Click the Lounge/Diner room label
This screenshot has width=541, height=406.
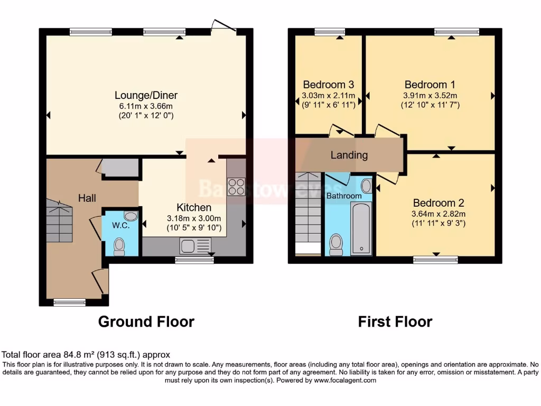click(x=146, y=96)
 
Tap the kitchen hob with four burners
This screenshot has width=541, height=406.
click(x=236, y=187)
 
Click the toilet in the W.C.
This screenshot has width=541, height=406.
click(x=119, y=246)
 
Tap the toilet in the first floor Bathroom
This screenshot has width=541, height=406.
click(x=336, y=244)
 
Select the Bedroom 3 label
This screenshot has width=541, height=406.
click(x=328, y=85)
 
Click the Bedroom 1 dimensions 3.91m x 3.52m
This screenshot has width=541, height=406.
click(x=430, y=95)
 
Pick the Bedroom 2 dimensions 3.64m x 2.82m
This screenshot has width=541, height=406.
click(x=439, y=214)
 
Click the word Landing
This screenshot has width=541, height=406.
click(x=349, y=155)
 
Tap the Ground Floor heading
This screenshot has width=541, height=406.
click(x=146, y=321)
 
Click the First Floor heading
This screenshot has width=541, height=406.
click(x=395, y=321)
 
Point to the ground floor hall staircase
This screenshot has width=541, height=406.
click(x=59, y=221)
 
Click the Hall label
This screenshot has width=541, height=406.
click(x=87, y=198)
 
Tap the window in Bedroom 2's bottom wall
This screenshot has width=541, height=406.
click(x=435, y=259)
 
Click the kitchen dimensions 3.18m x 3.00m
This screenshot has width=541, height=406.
click(x=194, y=218)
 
